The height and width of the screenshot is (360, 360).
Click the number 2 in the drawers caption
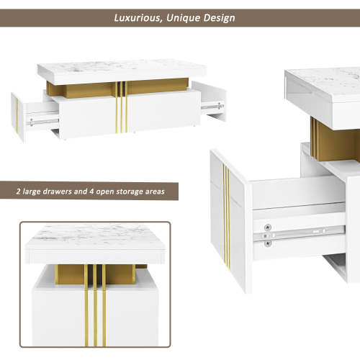point(18,192)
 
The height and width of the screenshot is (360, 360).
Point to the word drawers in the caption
point(57,192)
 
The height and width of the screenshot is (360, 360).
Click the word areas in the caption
point(155,192)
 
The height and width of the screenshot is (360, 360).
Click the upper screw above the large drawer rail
point(268,228)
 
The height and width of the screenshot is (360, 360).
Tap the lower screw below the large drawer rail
point(268,243)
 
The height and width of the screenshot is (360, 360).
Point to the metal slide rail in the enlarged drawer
point(300,233)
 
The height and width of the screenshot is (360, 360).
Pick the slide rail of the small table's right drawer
point(212,106)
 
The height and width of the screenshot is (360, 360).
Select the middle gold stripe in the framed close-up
point(95,305)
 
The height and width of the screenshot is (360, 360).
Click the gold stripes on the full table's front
point(121,107)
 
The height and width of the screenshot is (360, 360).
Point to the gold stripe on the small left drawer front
point(17,117)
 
